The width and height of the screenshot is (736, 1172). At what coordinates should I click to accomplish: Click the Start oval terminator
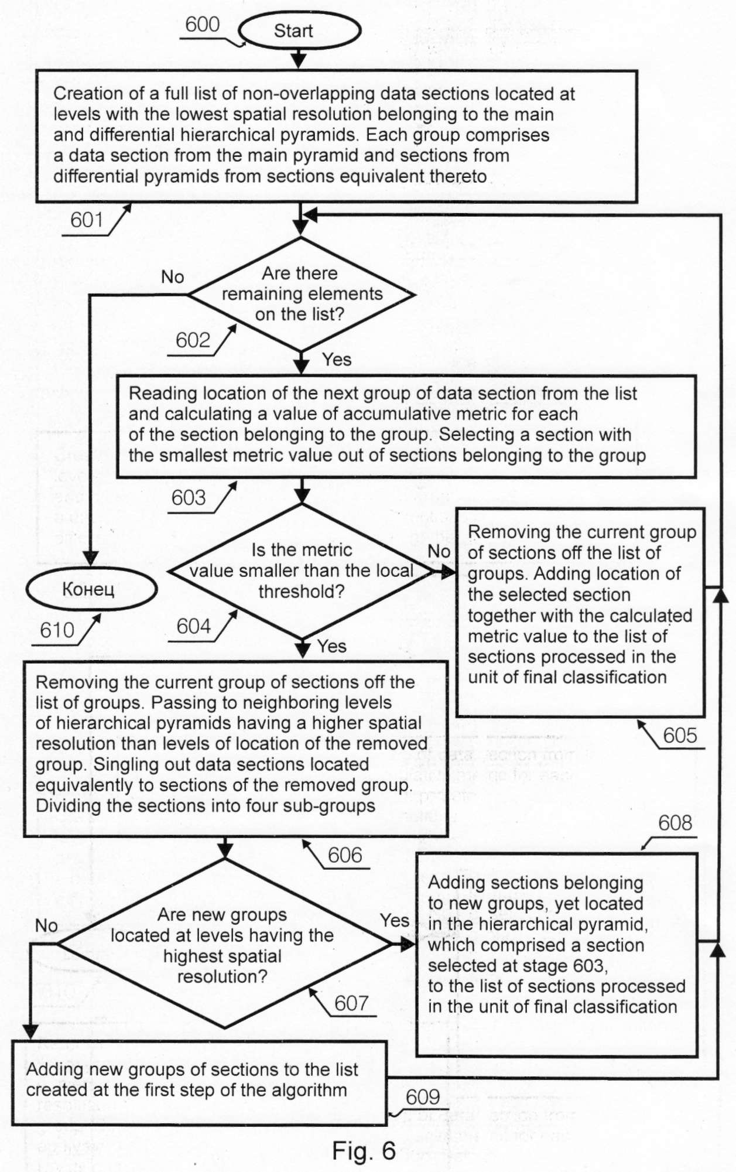point(299,30)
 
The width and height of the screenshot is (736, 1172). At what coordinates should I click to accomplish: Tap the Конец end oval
point(91,589)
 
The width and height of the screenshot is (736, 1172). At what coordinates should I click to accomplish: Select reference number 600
point(202,25)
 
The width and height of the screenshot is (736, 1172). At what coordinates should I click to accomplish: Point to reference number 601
point(87,220)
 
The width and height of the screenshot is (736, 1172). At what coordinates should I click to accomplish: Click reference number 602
point(193,340)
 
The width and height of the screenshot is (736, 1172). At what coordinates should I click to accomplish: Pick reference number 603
point(189,498)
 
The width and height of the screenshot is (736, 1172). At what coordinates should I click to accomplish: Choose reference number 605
point(680,735)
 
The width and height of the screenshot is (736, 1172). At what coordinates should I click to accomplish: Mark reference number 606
point(345,855)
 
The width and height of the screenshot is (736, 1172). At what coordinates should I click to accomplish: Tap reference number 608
point(675,823)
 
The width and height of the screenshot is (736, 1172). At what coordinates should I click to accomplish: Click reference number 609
point(423,1097)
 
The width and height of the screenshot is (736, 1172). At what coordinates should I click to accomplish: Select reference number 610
point(57,630)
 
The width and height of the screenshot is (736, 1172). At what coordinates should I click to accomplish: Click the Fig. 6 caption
point(364,1151)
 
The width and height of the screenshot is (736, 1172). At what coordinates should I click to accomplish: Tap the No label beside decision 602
point(173,276)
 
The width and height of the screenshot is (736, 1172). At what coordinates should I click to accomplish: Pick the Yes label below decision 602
point(337,359)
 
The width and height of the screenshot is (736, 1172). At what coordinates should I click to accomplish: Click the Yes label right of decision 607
point(395,920)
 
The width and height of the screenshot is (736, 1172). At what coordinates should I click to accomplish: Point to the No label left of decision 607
point(46,925)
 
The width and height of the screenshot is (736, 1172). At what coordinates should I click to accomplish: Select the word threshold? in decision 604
point(302,592)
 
